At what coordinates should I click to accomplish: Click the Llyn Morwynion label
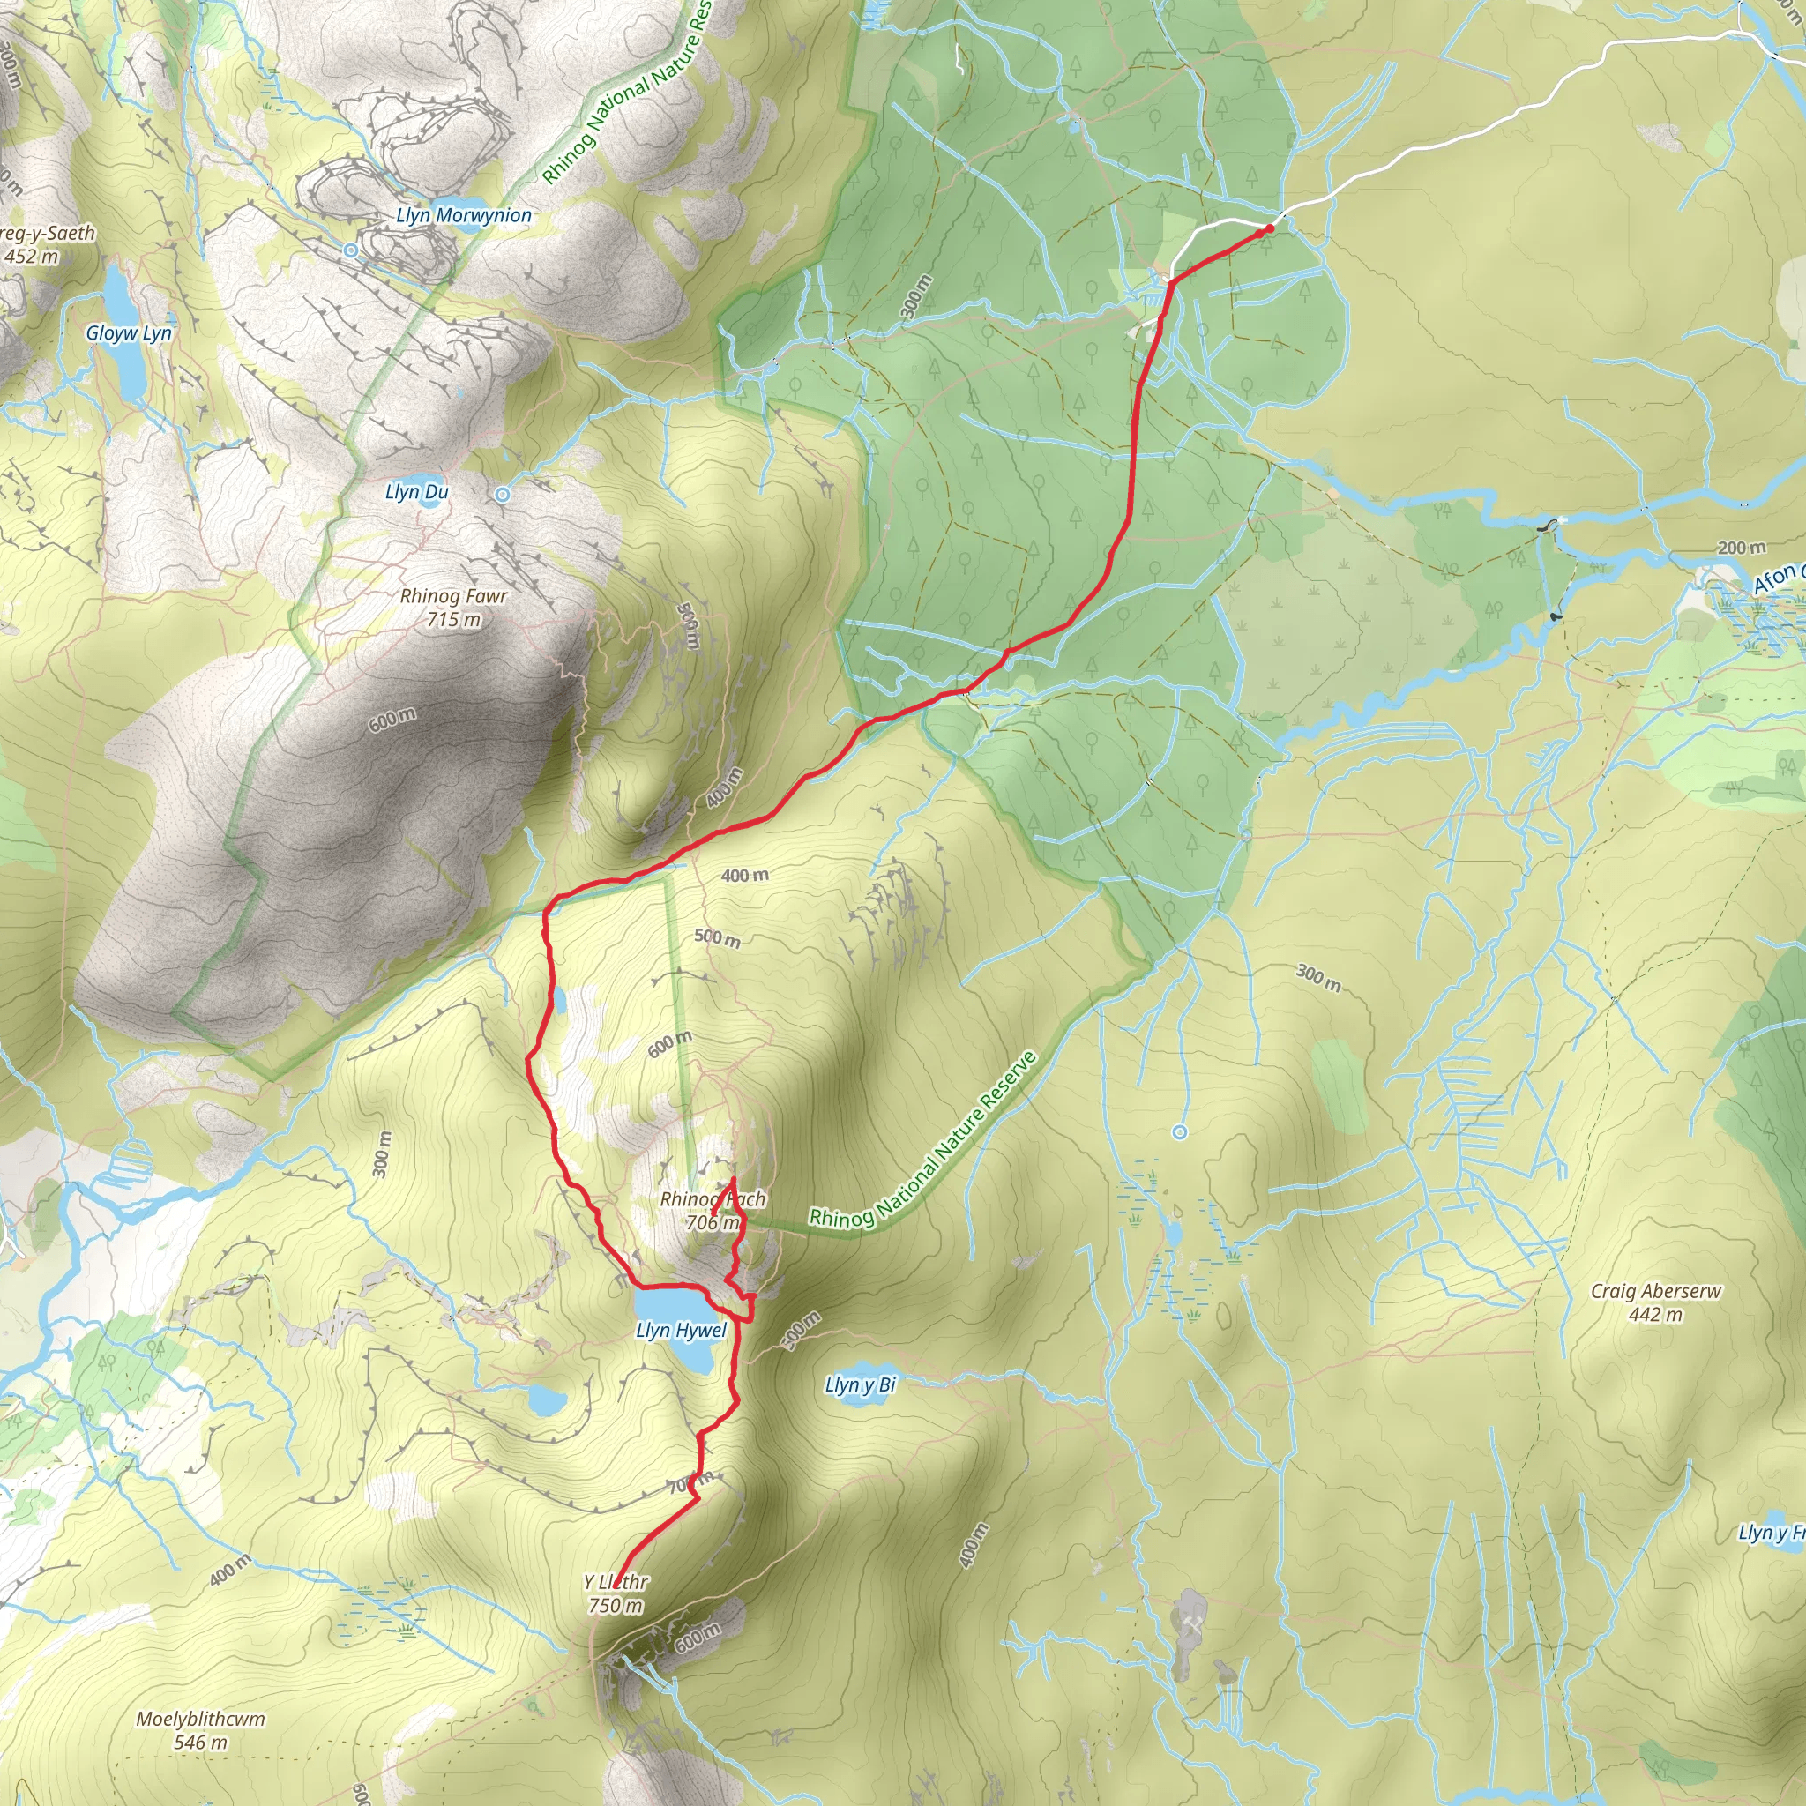(464, 215)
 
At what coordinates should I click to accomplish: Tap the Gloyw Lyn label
(129, 332)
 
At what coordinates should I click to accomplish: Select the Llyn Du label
(417, 492)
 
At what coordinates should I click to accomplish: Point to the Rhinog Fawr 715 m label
(453, 607)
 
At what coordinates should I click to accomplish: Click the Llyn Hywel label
(681, 1330)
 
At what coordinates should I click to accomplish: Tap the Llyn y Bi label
(860, 1384)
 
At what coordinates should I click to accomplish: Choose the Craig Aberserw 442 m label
(1655, 1302)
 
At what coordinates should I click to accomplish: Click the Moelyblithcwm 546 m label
(200, 1729)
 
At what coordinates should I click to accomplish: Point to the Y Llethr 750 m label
(616, 1593)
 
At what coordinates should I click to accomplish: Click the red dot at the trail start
(1268, 228)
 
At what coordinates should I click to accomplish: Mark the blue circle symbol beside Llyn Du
(503, 494)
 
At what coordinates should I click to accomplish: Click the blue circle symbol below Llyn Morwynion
(351, 250)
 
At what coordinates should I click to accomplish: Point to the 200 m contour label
(1741, 547)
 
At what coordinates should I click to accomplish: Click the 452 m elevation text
(31, 256)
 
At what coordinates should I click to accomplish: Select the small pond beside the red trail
(559, 1000)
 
